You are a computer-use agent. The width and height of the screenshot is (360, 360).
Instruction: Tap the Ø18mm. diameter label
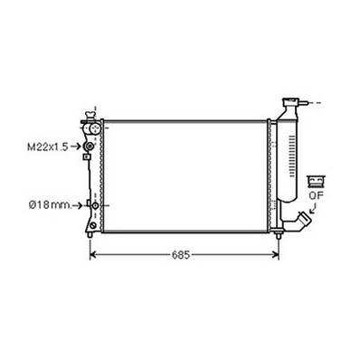pos(43,205)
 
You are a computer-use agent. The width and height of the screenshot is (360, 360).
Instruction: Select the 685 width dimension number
pos(182,256)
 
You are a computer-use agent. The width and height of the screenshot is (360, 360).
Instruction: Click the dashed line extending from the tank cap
pos(314,104)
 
